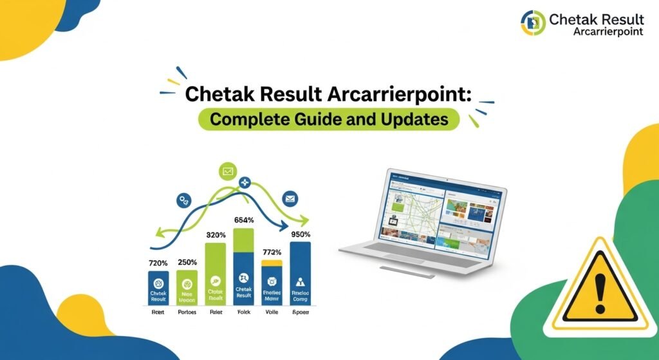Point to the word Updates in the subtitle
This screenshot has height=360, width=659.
click(x=418, y=120)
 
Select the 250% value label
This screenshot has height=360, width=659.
click(x=188, y=262)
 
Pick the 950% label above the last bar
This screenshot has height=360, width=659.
click(x=300, y=234)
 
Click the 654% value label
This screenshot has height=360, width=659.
click(x=244, y=220)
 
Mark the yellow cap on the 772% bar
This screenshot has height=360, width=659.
click(x=272, y=263)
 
